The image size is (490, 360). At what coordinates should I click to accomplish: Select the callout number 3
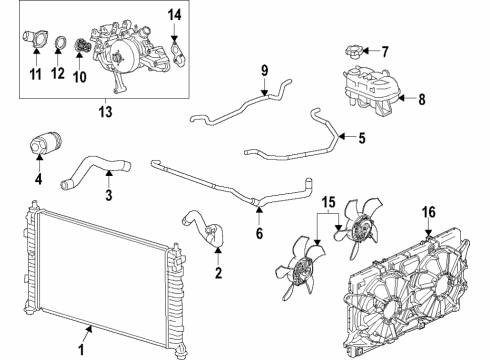(107, 194)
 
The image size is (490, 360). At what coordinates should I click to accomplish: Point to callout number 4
(37, 181)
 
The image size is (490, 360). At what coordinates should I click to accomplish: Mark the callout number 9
(265, 69)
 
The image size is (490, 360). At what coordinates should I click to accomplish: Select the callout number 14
(175, 13)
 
